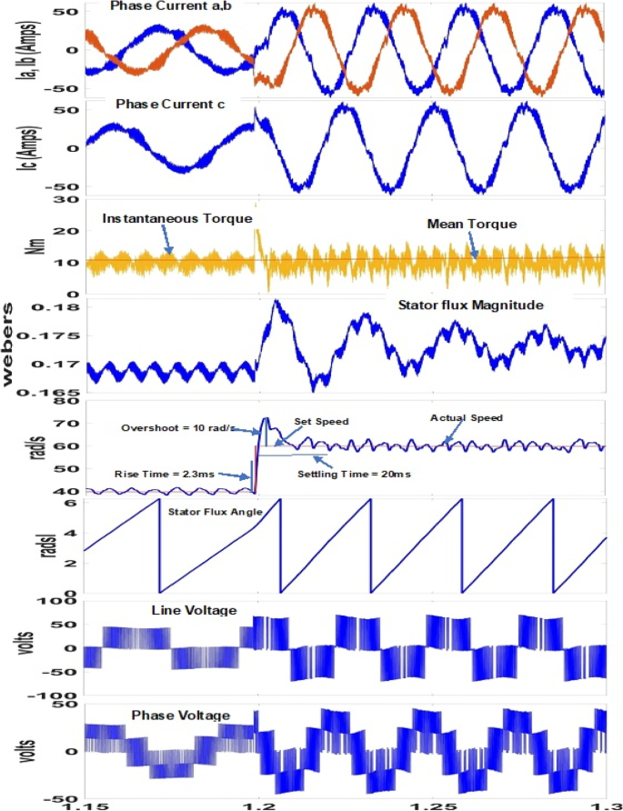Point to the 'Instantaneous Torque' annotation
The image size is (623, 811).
pos(176,219)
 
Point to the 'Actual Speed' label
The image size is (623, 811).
pos(467,418)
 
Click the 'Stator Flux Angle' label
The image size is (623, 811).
pos(215,513)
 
